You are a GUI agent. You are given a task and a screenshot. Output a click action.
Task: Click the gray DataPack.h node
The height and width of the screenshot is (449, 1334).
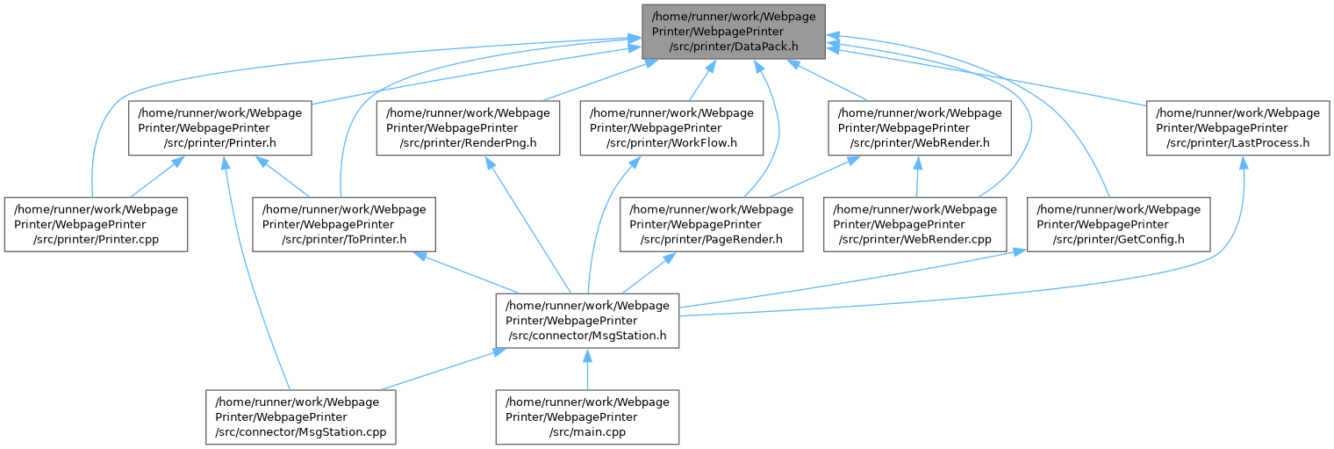[x=733, y=33]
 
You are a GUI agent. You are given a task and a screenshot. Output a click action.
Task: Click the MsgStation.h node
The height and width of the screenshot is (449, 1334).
[x=587, y=320]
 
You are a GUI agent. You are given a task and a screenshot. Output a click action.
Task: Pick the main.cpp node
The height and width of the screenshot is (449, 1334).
[x=587, y=416]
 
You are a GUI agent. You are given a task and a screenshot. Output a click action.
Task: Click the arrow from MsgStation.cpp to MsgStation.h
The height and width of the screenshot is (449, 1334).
[x=439, y=369]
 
